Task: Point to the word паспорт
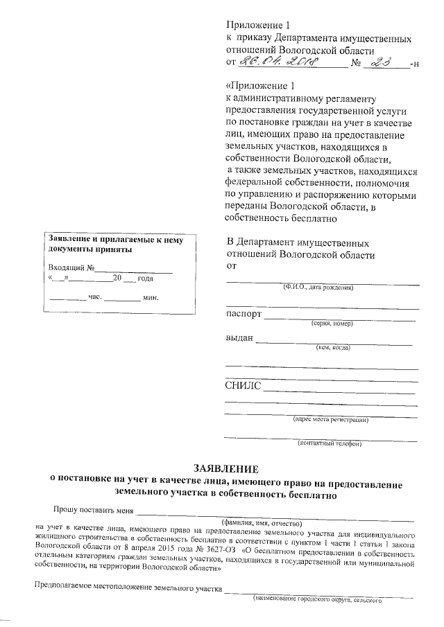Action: coord(244,314)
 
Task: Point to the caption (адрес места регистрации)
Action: coord(330,419)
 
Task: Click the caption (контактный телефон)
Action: coord(330,443)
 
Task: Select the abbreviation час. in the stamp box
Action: coord(96,298)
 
